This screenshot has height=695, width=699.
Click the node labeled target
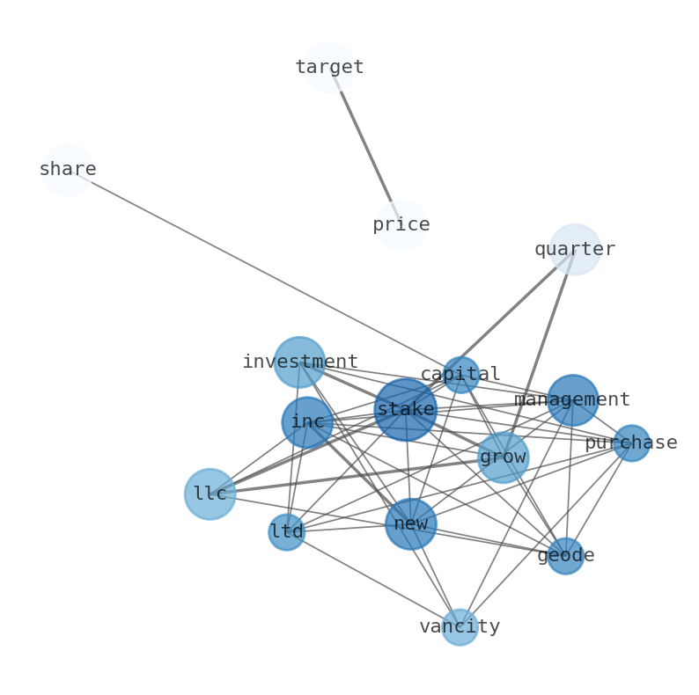click(329, 68)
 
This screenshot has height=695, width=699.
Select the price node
click(401, 225)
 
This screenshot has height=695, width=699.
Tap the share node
click(68, 170)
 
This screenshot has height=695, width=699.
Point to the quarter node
click(575, 249)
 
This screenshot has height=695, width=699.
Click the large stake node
click(405, 409)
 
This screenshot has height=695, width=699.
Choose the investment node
click(299, 362)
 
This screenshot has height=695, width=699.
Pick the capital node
click(460, 375)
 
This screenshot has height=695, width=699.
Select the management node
click(572, 400)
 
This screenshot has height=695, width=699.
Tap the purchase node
click(631, 443)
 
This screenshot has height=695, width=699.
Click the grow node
click(503, 457)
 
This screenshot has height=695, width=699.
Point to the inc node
click(307, 422)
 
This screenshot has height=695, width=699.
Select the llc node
click(210, 494)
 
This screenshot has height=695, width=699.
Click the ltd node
click(286, 532)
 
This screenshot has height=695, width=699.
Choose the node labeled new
click(410, 524)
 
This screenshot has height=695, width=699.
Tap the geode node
click(565, 556)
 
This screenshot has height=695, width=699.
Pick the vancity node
click(459, 627)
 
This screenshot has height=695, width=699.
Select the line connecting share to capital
click(264, 272)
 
